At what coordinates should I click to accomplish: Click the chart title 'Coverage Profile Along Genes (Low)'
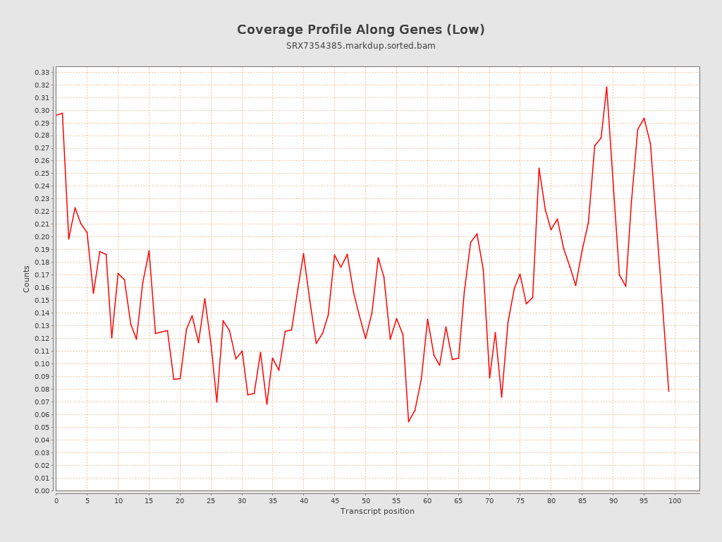coord(360,30)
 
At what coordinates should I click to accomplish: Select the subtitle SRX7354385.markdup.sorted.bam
coord(360,46)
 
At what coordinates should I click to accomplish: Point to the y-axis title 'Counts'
coord(27,279)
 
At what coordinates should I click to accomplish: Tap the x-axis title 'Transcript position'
coord(377,511)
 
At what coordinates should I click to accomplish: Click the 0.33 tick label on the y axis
coord(42,73)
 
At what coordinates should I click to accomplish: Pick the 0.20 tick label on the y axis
coord(42,237)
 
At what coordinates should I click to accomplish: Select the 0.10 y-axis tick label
coord(42,364)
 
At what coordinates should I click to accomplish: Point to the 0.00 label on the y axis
coord(42,490)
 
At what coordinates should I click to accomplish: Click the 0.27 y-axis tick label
coord(42,148)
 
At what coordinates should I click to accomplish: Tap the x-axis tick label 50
coord(365,500)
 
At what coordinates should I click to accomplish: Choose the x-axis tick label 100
coord(675,500)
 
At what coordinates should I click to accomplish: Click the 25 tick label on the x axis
coord(211,500)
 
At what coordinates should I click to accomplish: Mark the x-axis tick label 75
coord(520,500)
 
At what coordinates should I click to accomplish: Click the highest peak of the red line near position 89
coord(606,87)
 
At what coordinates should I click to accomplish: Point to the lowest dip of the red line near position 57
coord(408,422)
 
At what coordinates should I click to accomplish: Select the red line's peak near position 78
coord(539,168)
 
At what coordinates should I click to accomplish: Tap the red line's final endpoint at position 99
coord(668,391)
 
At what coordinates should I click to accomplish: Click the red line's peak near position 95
coord(644,118)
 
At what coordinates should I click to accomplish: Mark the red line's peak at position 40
coord(303,253)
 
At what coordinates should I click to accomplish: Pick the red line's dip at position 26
coord(216,402)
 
